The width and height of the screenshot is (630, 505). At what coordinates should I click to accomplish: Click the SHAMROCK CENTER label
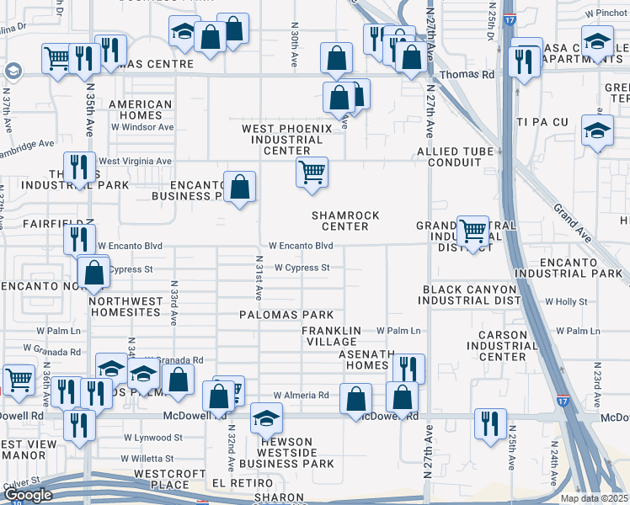coord(345,221)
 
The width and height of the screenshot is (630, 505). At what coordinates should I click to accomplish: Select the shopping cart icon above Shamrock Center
coord(312,172)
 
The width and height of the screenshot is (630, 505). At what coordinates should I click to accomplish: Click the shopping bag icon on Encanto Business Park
coord(240,186)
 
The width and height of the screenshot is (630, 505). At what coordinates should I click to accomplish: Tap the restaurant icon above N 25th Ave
coord(489,423)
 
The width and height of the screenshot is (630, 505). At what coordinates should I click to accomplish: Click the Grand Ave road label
coord(574,218)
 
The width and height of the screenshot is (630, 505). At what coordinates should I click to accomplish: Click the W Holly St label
coord(566,300)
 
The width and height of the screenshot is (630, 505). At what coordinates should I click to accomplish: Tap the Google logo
coord(28,495)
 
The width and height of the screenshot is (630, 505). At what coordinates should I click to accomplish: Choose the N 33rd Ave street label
coord(174,304)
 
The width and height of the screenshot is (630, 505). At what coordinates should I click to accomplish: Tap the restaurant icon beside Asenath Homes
coord(408,368)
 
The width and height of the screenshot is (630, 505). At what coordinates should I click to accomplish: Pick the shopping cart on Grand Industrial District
coord(472,230)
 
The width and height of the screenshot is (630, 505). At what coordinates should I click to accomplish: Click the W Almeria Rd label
coord(301,395)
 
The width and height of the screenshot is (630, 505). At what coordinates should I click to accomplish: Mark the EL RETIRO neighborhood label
coord(232,483)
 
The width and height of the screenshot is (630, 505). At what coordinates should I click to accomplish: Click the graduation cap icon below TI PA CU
coord(597,130)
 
